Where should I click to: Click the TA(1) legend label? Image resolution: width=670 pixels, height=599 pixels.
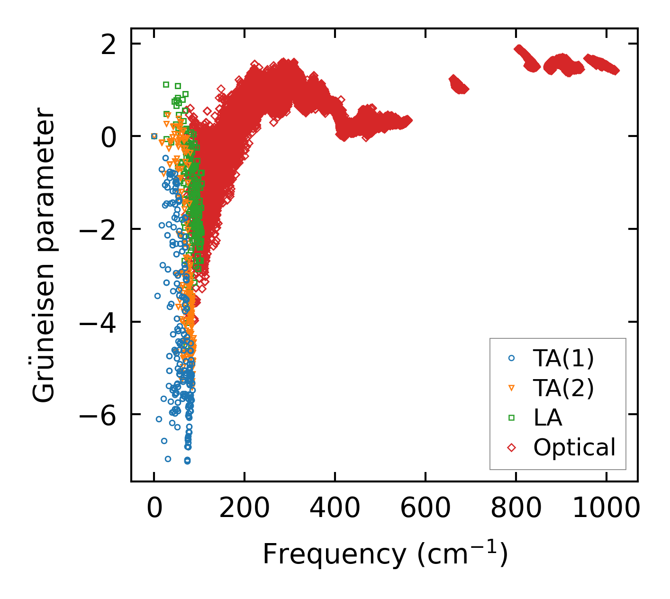pyautogui.click(x=563, y=359)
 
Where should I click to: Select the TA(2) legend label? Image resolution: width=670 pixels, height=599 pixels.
pyautogui.click(x=563, y=388)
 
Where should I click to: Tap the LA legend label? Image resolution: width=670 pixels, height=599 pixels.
pyautogui.click(x=548, y=417)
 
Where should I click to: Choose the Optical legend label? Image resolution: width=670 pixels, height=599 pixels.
pyautogui.click(x=574, y=447)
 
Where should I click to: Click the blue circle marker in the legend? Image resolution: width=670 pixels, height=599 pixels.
pyautogui.click(x=511, y=359)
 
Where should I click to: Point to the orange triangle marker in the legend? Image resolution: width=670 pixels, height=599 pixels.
pyautogui.click(x=511, y=389)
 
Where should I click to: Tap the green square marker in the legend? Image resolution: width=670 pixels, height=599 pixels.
pyautogui.click(x=511, y=417)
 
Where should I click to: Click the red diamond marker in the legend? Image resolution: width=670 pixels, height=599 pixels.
pyautogui.click(x=511, y=447)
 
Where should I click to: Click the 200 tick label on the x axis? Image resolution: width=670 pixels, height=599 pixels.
pyautogui.click(x=244, y=508)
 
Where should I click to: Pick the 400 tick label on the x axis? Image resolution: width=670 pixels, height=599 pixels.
pyautogui.click(x=335, y=508)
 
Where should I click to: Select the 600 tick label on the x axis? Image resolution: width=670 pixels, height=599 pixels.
pyautogui.click(x=426, y=508)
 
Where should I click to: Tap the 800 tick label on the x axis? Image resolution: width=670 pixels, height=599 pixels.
pyautogui.click(x=516, y=508)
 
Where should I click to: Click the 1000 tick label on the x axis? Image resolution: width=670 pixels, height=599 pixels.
pyautogui.click(x=607, y=508)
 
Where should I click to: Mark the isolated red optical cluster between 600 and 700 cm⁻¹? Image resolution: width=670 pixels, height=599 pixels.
pyautogui.click(x=458, y=84)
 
